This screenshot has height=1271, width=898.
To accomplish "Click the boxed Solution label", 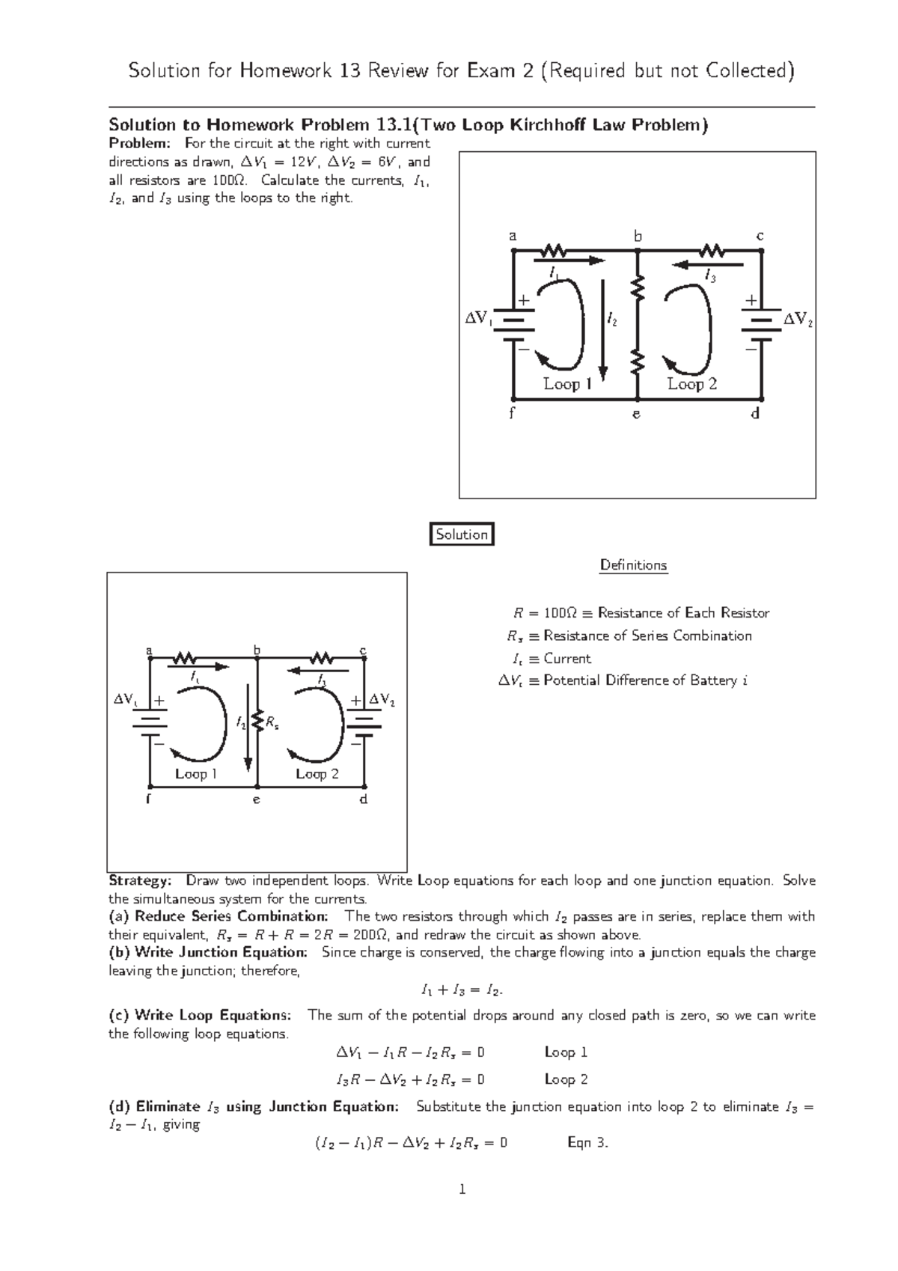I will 462,534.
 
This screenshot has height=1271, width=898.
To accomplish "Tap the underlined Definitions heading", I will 633,565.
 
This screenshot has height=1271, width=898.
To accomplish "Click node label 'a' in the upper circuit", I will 513,236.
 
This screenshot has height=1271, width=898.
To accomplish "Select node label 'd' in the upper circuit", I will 756,413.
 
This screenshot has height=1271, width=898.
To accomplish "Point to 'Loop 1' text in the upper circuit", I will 567,384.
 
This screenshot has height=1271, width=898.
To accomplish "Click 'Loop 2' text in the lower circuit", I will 317,774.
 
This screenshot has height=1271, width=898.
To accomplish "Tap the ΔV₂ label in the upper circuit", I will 798,320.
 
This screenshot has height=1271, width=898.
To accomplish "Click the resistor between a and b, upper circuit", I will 555,251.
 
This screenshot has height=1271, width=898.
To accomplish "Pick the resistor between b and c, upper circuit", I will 712,251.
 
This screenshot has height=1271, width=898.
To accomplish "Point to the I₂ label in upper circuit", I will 612,321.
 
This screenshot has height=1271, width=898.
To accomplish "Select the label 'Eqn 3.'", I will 588,1143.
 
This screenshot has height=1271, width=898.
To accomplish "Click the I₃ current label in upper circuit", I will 710,278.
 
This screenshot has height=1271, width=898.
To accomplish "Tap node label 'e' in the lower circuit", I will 256,800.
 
